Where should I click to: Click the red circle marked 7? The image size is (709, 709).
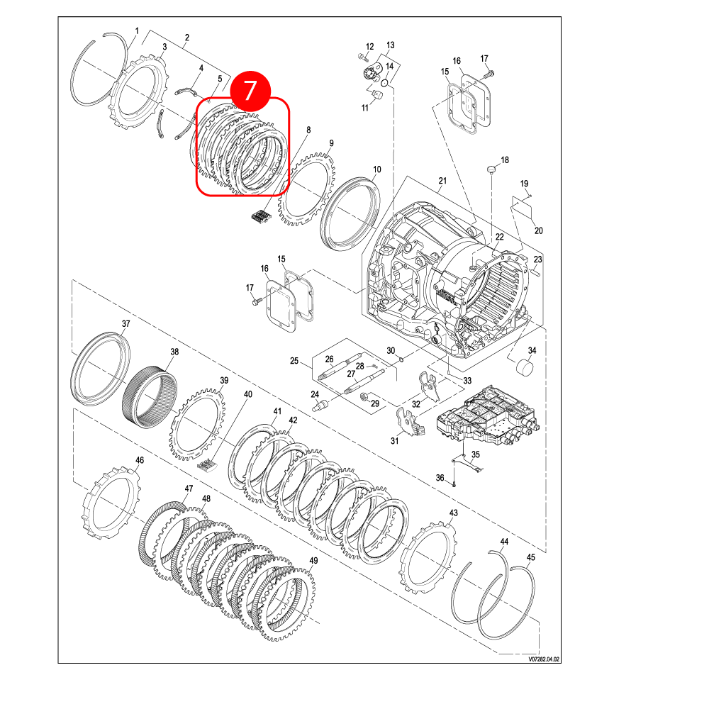click(x=250, y=91)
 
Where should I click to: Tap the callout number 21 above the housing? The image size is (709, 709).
click(x=442, y=180)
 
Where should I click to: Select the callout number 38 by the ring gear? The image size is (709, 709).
click(x=174, y=352)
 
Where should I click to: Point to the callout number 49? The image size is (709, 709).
click(x=313, y=560)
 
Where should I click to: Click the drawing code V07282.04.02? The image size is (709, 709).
click(x=544, y=659)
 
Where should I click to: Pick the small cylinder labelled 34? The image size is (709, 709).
click(x=525, y=367)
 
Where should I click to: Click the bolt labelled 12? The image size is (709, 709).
click(x=362, y=57)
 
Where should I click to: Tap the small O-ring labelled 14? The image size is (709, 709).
click(x=385, y=82)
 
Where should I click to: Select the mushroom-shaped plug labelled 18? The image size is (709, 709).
click(x=491, y=169)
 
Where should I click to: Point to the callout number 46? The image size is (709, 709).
click(x=140, y=460)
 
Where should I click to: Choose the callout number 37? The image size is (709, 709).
click(x=125, y=323)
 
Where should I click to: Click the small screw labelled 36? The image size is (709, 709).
click(x=454, y=484)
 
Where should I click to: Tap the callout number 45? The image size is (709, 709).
click(x=531, y=557)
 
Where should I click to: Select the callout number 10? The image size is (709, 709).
click(x=376, y=169)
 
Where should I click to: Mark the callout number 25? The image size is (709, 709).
click(x=294, y=361)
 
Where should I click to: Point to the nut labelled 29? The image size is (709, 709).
click(x=363, y=397)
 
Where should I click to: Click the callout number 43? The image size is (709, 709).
click(x=454, y=513)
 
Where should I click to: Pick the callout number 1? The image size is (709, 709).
click(x=137, y=30)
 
